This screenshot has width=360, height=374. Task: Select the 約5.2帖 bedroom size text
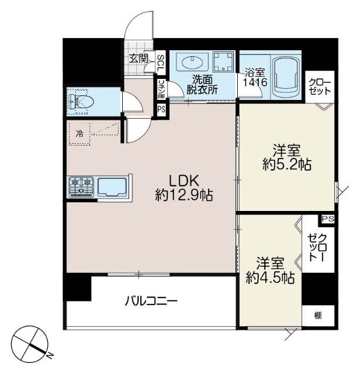click(286, 165)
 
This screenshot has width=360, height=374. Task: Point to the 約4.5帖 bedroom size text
click(270, 279)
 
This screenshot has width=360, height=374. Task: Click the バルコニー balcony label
click(151, 302)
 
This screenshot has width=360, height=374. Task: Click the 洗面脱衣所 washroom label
click(202, 85)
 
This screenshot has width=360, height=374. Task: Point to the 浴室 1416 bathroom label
click(255, 78)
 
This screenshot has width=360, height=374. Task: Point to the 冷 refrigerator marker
click(79, 133)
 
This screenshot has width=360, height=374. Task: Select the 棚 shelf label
click(317, 316)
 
